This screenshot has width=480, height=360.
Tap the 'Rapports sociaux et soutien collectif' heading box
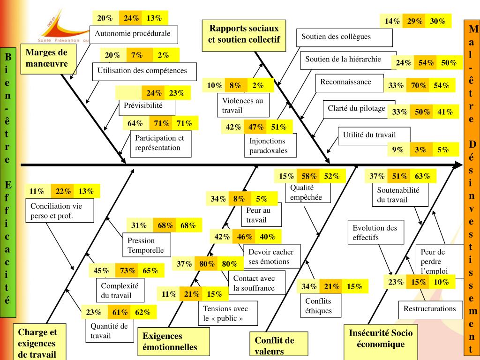pyautogui.click(x=243, y=34)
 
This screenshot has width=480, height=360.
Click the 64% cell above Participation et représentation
pyautogui.click(x=135, y=123)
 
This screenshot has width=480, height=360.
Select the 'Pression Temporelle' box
pyautogui.click(x=146, y=245)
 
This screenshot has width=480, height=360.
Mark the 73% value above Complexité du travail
pyautogui.click(x=127, y=270)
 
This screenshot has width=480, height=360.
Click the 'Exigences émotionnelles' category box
pyautogui.click(x=173, y=342)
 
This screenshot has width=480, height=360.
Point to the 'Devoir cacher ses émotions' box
pyautogui.click(x=274, y=257)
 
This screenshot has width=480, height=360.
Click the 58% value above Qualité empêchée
pyautogui.click(x=308, y=176)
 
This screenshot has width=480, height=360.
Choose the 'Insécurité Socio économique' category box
pyautogui.click(x=380, y=338)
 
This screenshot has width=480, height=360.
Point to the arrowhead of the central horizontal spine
pyautogui.click(x=459, y=165)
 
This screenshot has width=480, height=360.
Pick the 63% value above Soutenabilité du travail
pyautogui.click(x=422, y=176)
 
